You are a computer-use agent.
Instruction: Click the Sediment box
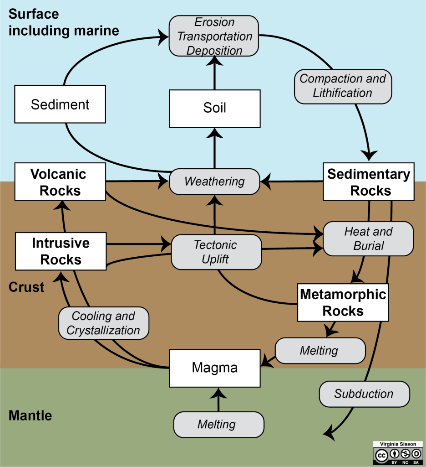click(x=60, y=104)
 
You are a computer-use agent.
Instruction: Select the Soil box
click(x=214, y=108)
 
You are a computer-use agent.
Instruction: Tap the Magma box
click(x=214, y=368)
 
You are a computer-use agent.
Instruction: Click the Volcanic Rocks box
click(x=60, y=182)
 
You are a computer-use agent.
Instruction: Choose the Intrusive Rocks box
click(x=61, y=251)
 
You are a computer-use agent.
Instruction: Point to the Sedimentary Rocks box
click(x=368, y=182)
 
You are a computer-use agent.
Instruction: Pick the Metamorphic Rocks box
click(x=343, y=302)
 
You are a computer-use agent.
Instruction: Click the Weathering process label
click(x=214, y=182)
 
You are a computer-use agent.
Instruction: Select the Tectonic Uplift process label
click(x=216, y=252)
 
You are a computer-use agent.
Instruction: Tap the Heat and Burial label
click(x=368, y=239)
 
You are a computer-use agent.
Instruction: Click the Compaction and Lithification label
click(x=342, y=86)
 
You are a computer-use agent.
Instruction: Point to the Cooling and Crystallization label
click(x=103, y=323)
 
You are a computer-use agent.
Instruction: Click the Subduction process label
click(x=364, y=394)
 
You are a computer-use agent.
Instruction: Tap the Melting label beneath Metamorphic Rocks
click(x=319, y=350)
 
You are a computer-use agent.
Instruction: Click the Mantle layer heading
click(x=30, y=416)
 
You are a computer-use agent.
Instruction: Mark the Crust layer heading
click(x=26, y=287)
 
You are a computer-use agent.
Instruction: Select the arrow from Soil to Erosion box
click(x=214, y=76)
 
